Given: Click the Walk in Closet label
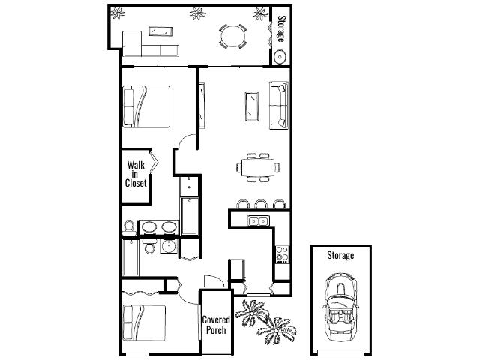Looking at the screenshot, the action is (136, 174).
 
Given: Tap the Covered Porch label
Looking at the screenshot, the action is (216, 325).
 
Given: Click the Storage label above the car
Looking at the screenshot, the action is (340, 255).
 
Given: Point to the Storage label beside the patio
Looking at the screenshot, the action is (281, 29).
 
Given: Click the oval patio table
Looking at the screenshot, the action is (232, 37).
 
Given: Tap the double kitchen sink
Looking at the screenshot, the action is (258, 221).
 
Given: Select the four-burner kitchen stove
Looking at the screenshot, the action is (282, 255).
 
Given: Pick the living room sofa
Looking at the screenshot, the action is (279, 105).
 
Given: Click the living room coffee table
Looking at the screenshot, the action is (252, 106).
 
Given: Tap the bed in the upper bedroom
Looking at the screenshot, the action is (146, 106).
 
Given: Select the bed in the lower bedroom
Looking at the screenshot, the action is (144, 322).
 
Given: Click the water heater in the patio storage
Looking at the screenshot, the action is (280, 57).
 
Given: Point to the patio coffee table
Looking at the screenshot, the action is (160, 31).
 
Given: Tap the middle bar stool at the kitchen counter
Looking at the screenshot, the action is (261, 204).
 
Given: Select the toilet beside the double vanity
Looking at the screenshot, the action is (129, 228).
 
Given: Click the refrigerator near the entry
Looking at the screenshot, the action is (238, 269).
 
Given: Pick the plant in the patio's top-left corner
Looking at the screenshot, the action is (118, 13).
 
